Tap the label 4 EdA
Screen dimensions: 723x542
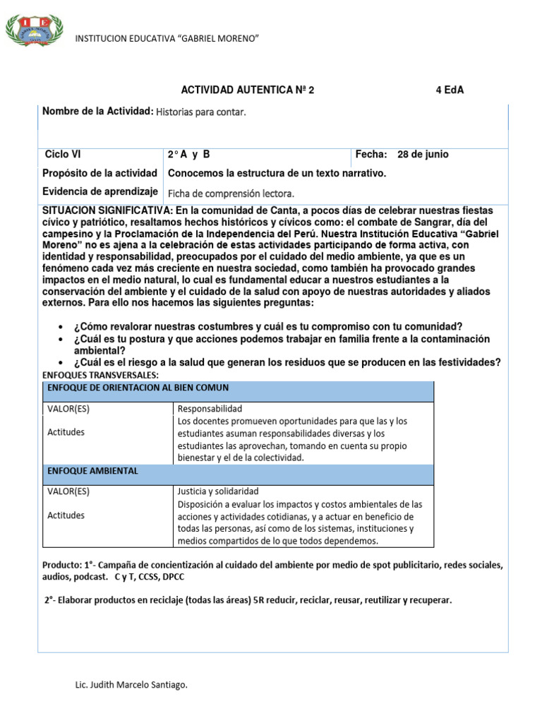[450, 90]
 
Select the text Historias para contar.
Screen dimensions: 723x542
[201, 112]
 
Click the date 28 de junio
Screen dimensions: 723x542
[423, 155]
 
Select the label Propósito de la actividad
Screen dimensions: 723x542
[100, 173]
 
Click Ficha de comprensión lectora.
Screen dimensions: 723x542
[231, 193]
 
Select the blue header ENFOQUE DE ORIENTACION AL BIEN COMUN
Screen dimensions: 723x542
[138, 388]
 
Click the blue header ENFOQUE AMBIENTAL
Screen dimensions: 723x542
[92, 471]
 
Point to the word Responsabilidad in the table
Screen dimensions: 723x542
[210, 409]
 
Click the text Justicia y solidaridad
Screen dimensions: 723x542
[218, 491]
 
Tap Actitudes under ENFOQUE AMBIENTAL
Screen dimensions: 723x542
[66, 515]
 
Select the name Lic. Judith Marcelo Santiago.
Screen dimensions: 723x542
[131, 685]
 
